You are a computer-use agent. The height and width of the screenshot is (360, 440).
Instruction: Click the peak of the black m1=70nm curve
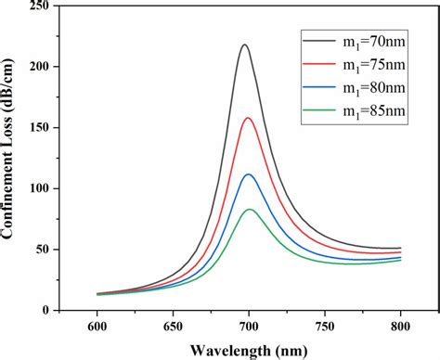point(245,45)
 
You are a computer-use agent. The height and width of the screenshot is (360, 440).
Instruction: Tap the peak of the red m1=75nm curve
point(247,118)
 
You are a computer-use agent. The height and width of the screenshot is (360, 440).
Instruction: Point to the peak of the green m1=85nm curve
point(249,210)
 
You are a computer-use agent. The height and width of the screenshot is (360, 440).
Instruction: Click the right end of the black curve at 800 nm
point(400,248)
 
